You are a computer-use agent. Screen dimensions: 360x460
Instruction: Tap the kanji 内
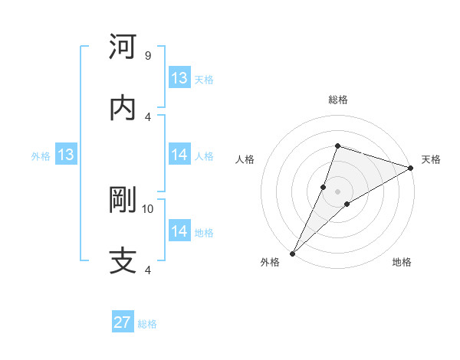[123, 107]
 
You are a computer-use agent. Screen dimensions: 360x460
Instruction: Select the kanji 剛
[123, 200]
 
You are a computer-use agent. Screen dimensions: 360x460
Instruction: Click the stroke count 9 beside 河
[147, 56]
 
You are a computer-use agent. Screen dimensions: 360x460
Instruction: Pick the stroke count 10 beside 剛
[148, 208]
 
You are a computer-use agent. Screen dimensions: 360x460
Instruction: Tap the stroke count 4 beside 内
[147, 116]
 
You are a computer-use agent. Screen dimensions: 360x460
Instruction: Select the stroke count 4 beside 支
[147, 270]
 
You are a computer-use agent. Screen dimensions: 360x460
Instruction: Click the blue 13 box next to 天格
[179, 78]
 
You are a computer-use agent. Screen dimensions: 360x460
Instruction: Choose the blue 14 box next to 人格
[179, 155]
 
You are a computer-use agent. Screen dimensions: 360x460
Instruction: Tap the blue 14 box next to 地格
[179, 231]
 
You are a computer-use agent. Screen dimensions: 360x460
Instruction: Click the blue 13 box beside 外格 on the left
[65, 155]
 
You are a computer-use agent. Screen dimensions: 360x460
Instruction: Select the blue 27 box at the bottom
[123, 322]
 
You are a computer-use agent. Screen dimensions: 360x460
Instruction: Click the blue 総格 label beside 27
[147, 324]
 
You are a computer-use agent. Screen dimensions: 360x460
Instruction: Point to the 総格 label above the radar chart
[337, 100]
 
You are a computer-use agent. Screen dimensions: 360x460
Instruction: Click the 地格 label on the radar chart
[402, 263]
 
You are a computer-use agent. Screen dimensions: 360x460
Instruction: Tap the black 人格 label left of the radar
[245, 159]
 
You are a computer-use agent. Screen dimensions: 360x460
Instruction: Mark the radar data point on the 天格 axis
[410, 169]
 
